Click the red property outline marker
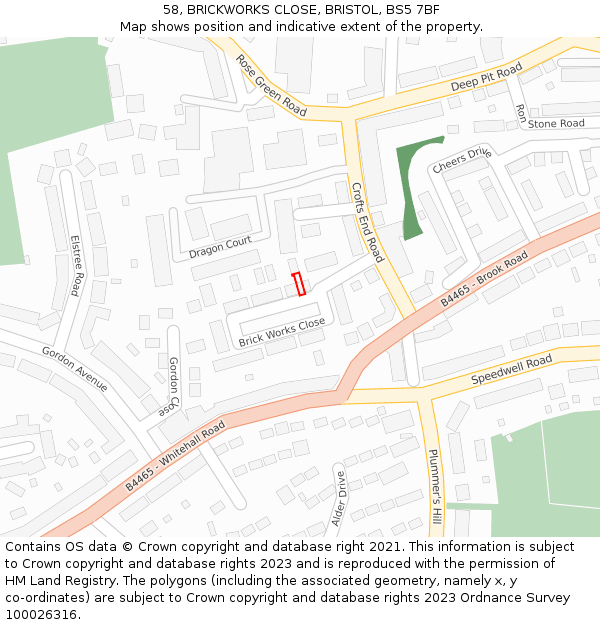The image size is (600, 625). coord(297,284)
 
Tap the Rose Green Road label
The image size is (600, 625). coord(271,85)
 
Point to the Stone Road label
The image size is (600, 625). coord(556,124)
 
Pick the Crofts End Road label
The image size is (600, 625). coord(367,222)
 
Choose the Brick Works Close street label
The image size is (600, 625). coord(282,333)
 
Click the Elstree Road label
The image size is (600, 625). coord(75,265)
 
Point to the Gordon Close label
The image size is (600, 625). coord(173,386)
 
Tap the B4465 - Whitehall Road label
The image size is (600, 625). coord(176,455)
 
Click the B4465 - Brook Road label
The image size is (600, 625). coord(484,280)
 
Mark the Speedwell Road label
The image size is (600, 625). coord(511,371)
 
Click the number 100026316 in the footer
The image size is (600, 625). coord(42,615)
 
